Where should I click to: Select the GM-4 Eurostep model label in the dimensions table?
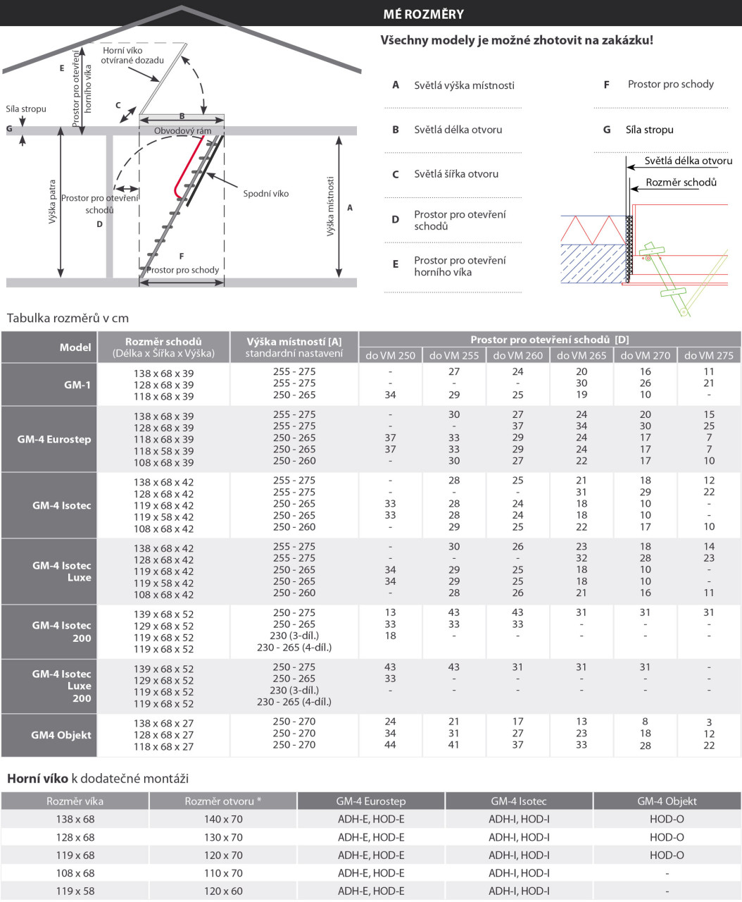click(x=54, y=439)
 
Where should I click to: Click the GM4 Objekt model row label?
click(x=61, y=735)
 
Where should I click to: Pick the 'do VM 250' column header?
click(x=390, y=355)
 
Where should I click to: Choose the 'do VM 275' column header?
click(x=708, y=355)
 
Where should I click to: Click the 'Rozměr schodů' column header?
click(x=163, y=341)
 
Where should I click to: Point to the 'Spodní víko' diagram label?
click(x=265, y=194)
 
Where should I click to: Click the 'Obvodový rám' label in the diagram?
click(x=183, y=131)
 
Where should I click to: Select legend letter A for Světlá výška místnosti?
click(x=396, y=85)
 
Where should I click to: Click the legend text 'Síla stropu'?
click(x=649, y=130)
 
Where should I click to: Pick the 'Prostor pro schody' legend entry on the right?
click(x=670, y=85)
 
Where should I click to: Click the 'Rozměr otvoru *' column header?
click(x=223, y=801)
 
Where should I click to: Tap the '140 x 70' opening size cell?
click(x=223, y=820)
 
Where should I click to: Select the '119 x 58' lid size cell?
click(x=75, y=891)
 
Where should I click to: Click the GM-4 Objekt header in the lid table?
click(x=667, y=801)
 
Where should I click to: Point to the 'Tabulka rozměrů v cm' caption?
click(x=68, y=319)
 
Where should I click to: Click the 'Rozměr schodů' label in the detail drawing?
click(x=681, y=183)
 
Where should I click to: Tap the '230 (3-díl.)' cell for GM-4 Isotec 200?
click(x=294, y=636)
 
